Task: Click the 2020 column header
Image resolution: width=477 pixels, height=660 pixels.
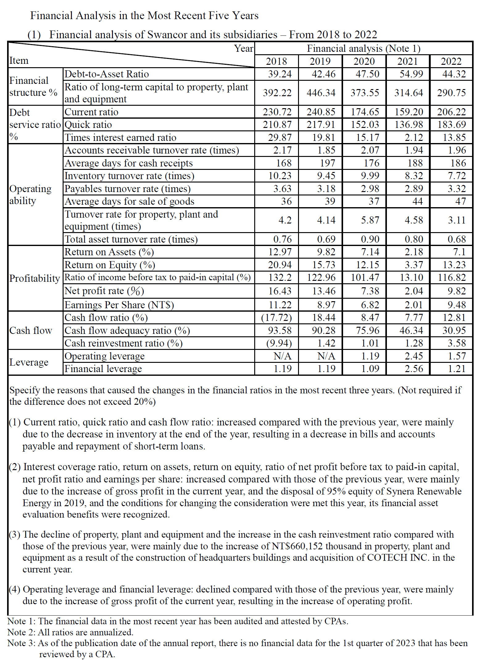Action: click(364, 61)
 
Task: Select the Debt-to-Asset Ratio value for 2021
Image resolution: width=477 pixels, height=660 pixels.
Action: click(411, 74)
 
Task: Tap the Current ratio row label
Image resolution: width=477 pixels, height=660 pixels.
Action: click(91, 112)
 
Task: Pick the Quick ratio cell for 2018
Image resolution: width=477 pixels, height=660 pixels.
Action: click(277, 125)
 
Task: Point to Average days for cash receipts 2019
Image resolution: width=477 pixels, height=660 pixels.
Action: click(327, 163)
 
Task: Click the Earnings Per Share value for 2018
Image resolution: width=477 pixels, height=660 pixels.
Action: click(280, 305)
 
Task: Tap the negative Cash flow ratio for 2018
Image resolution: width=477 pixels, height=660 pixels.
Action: click(276, 318)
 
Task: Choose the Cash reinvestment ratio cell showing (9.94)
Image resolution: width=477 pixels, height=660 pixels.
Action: click(279, 343)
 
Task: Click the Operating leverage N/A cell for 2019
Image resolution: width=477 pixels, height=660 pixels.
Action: click(326, 356)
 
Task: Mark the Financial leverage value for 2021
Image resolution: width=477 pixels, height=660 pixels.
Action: click(414, 369)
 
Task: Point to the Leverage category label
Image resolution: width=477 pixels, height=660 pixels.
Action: click(29, 362)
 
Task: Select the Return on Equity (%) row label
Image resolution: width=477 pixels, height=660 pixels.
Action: click(110, 265)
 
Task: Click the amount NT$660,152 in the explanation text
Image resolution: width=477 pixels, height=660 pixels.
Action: click(297, 546)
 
